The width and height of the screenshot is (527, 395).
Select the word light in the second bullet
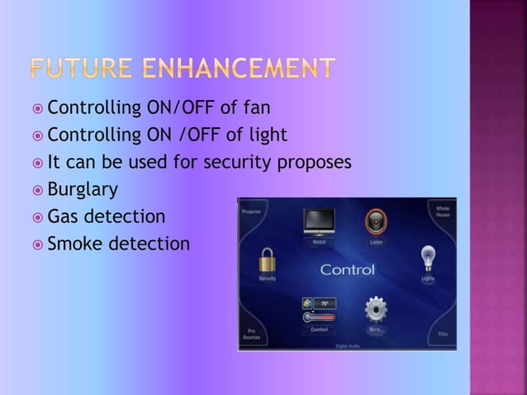pyautogui.click(x=267, y=135)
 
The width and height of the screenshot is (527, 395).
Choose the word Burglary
pyautogui.click(x=83, y=190)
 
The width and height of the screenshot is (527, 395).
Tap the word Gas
pyautogui.click(x=63, y=217)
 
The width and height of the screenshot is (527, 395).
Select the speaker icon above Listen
pyautogui.click(x=376, y=222)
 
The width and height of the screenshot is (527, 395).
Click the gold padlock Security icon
pyautogui.click(x=267, y=264)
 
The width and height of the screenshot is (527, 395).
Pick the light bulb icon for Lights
pyautogui.click(x=428, y=258)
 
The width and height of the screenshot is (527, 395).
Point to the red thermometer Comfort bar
pyautogui.click(x=317, y=317)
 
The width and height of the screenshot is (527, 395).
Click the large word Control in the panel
pyautogui.click(x=347, y=270)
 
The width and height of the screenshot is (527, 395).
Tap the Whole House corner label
pyautogui.click(x=442, y=212)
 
